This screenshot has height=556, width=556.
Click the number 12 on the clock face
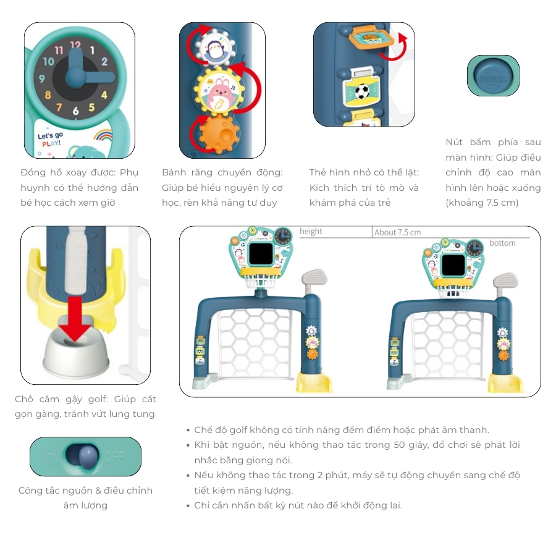75,44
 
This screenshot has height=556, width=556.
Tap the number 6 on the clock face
75,111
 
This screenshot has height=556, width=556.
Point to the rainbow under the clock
103,135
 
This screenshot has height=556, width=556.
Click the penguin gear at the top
214,48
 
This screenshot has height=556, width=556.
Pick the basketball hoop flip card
371,39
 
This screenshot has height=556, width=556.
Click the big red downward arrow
75,319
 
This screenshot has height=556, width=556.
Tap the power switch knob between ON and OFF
88,457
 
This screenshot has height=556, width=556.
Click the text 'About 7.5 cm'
397,233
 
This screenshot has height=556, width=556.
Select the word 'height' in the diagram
311,232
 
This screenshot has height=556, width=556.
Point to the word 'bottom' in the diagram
502,243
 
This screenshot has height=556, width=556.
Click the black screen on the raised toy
261,253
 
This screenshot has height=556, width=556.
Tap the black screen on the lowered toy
453,265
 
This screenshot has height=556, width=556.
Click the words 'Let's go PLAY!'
51,140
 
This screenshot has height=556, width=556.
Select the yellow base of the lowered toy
505,384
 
